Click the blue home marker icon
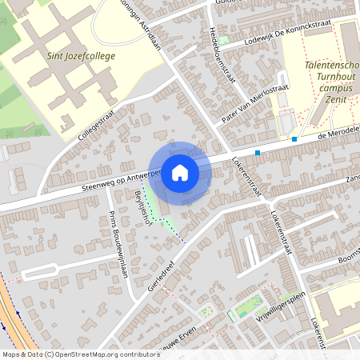pyautogui.click(x=180, y=172)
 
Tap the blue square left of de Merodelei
pyautogui.click(x=294, y=139)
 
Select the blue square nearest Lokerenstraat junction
pyautogui.click(x=258, y=152)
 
